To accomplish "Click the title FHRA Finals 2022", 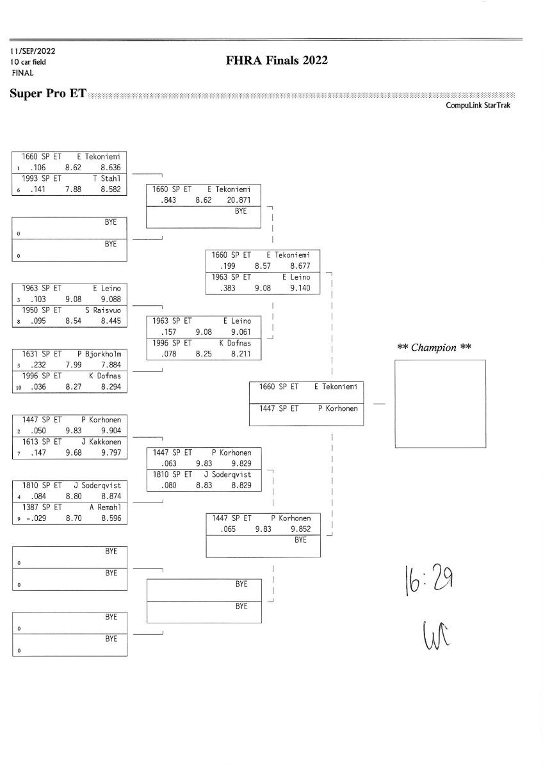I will point(277,61).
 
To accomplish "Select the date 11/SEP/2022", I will point(33,51).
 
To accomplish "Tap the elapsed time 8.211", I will point(239,354).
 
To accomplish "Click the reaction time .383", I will point(229,289).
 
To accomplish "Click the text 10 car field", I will point(28,62).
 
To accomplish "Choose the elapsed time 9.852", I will point(300,529).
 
